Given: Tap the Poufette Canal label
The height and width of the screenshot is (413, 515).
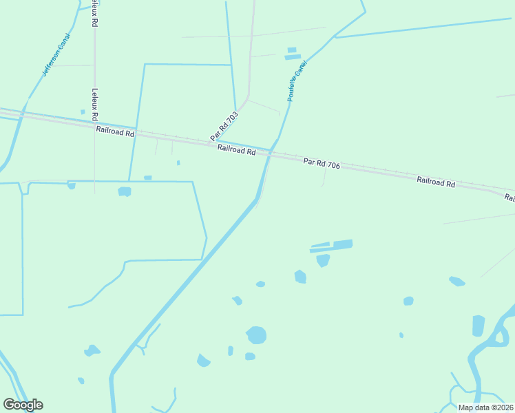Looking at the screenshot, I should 297,81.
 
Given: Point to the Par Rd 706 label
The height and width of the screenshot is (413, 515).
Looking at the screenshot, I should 322,163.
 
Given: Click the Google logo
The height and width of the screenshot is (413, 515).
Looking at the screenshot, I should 23,405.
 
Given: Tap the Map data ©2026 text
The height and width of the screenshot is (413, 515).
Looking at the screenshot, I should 485,407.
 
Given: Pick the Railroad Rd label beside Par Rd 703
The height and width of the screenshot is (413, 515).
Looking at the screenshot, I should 236,149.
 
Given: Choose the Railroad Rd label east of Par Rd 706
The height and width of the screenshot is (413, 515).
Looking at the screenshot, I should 436,182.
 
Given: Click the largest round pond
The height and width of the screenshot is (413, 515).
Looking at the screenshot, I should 256,335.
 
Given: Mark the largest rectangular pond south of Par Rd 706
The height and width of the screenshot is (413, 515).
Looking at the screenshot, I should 342,244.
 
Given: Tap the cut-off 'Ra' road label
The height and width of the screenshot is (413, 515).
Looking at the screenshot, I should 509,198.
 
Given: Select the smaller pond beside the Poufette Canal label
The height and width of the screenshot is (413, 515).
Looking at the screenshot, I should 291,50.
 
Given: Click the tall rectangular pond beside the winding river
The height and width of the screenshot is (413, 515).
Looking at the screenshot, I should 479,326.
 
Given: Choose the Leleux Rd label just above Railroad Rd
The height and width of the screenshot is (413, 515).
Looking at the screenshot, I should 95,104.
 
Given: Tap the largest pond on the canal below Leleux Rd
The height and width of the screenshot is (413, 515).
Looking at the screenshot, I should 124,191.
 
